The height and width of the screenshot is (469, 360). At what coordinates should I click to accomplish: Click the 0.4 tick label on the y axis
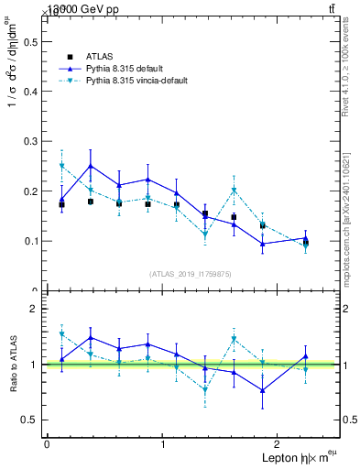pos(28,92)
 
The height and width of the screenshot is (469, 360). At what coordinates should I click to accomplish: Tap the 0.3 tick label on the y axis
pos(28,142)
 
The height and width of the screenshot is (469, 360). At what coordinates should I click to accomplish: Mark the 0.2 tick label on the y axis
pos(28,191)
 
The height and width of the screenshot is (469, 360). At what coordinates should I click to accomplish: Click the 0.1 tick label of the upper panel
pos(28,242)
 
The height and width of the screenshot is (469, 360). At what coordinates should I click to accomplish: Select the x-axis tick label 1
pos(163,443)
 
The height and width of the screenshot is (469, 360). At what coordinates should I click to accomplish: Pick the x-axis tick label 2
pos(279,443)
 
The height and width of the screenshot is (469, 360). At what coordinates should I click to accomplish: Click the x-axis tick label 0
pos(47,443)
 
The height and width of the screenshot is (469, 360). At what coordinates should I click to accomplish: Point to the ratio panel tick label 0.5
pos(28,420)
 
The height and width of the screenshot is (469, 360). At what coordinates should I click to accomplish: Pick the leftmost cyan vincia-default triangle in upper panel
pos(61,166)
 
